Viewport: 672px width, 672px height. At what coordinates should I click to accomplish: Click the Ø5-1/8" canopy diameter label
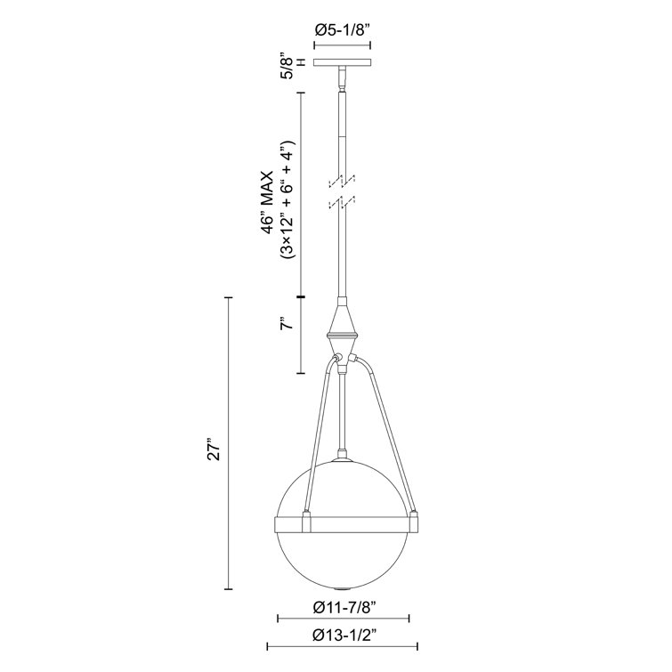click(344, 29)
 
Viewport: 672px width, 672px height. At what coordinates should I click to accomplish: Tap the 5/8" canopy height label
click(287, 67)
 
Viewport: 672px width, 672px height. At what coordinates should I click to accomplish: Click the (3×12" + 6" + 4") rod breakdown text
click(287, 199)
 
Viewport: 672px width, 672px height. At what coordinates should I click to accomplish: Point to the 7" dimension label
click(286, 325)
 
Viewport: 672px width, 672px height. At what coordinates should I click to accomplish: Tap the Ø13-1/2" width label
click(344, 636)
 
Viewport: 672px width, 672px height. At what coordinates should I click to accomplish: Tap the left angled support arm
click(318, 436)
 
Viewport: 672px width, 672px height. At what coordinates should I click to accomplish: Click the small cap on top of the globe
click(344, 460)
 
